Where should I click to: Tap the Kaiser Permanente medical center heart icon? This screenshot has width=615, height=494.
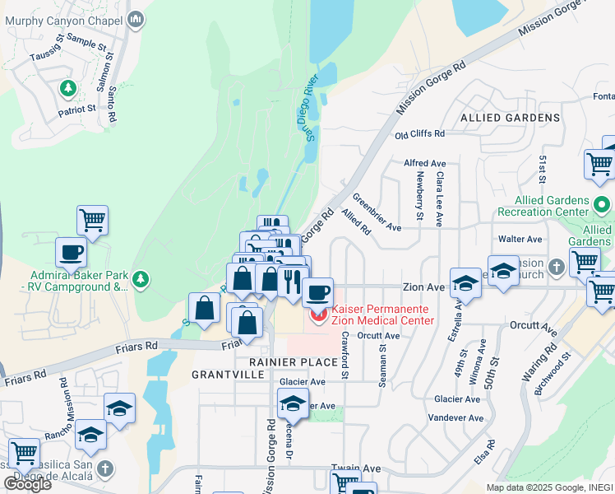[x=317, y=315]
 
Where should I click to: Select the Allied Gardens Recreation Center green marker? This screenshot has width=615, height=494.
[x=602, y=203]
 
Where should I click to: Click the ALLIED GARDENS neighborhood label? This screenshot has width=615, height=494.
[x=510, y=118]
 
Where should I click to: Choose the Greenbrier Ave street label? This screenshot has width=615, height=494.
[x=376, y=212]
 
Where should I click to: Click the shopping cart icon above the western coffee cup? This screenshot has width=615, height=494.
[x=93, y=221]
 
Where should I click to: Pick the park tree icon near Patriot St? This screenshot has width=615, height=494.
[x=68, y=87]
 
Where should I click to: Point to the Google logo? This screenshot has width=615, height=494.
[x=27, y=484]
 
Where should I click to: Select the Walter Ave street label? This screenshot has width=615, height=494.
[x=520, y=239]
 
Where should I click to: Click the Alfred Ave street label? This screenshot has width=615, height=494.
[x=424, y=164]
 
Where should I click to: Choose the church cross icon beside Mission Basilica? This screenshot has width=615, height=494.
[x=104, y=468]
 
